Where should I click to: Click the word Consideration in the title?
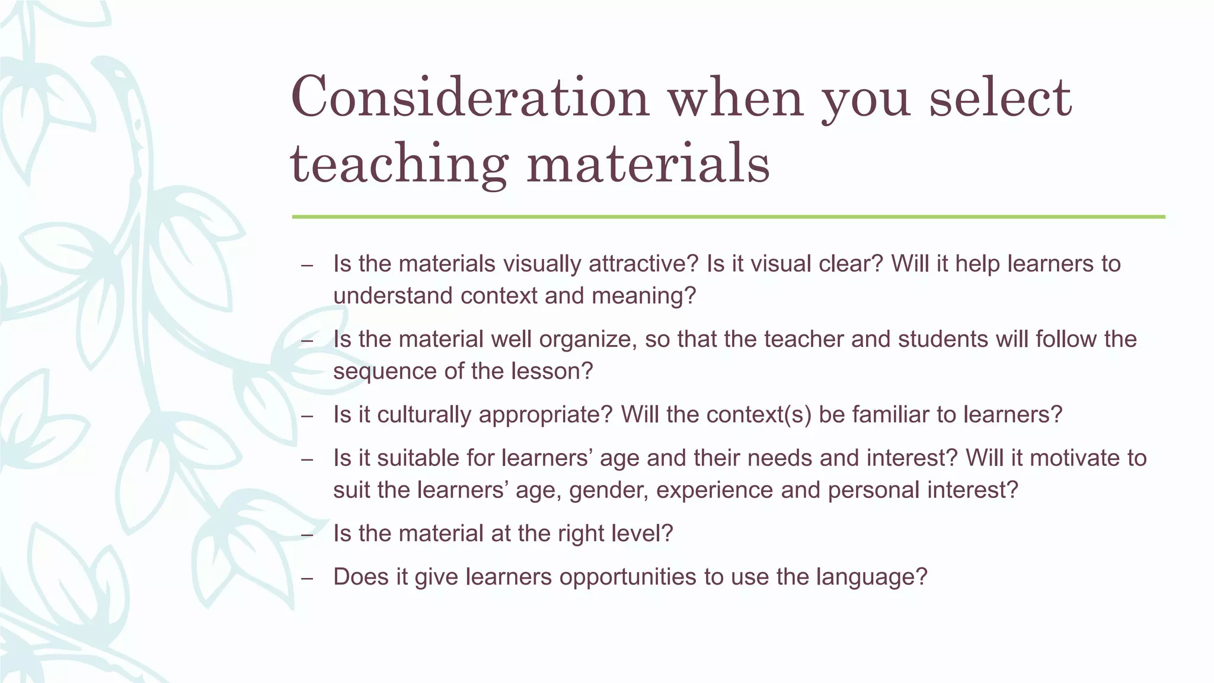(x=470, y=97)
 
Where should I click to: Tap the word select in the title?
(x=1000, y=97)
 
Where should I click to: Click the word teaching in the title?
(x=398, y=163)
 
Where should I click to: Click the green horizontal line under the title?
(x=728, y=217)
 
